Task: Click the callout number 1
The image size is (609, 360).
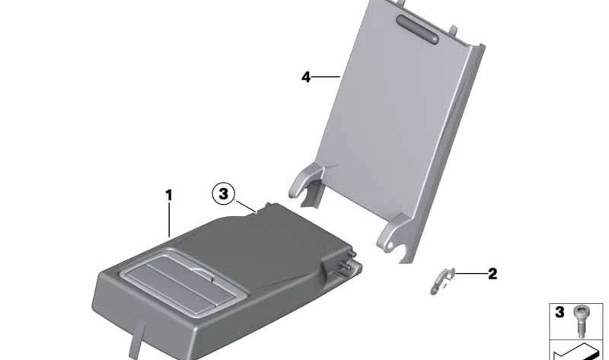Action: [168, 196]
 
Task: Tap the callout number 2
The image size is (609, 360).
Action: [492, 274]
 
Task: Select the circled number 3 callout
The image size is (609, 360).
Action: [223, 193]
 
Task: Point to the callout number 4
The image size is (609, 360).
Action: [306, 77]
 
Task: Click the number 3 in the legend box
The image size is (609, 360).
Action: [560, 312]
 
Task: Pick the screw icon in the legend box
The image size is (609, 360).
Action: [579, 321]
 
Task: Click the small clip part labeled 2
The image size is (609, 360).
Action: [442, 280]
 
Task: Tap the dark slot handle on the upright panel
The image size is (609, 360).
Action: [417, 29]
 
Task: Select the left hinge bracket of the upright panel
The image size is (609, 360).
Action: [307, 184]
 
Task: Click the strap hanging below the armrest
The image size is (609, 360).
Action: [137, 337]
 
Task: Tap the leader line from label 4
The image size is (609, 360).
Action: [326, 77]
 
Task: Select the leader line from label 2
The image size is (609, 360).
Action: [471, 274]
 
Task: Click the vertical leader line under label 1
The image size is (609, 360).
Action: [169, 219]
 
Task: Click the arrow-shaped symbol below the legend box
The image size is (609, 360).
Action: [575, 352]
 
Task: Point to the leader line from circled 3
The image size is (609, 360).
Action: [245, 205]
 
